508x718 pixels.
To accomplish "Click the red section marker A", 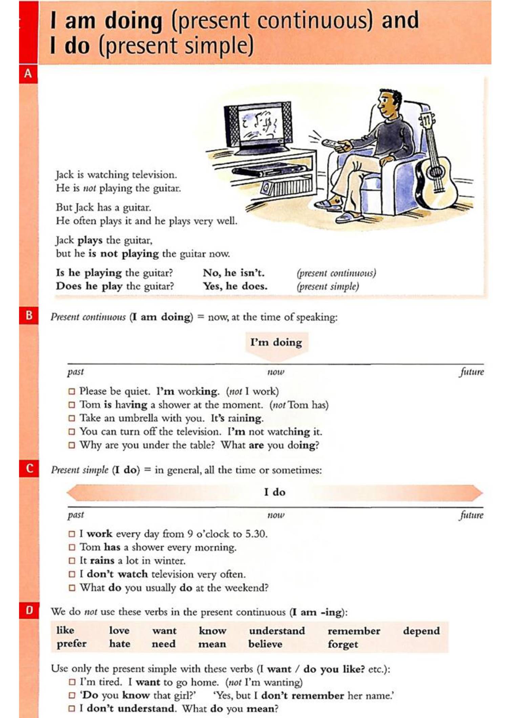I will tap(28, 73).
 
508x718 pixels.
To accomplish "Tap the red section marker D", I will tap(29, 610).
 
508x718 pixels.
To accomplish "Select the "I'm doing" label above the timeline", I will tap(276, 342).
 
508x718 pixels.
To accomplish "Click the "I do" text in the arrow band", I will tap(275, 492).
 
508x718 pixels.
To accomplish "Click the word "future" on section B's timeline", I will tap(471, 372).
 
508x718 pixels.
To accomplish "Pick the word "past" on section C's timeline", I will tap(76, 515).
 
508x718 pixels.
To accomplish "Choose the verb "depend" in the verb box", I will tap(421, 631).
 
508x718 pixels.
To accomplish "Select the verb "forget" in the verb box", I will tap(342, 644).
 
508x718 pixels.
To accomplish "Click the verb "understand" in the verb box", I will tap(277, 631).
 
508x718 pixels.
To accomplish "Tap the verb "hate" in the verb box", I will tap(120, 644).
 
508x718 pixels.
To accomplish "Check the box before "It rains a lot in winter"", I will tap(71, 561).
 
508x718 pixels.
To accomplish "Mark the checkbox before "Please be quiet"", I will tap(71, 391).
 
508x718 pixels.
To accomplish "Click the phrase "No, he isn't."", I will tap(234, 273).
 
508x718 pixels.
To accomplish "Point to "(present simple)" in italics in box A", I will tap(327, 286).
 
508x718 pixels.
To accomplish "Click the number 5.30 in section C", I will tap(256, 534).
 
